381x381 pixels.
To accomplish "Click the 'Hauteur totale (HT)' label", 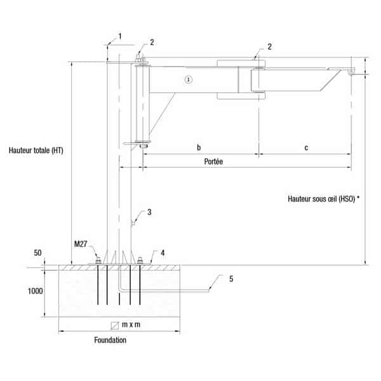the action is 36,150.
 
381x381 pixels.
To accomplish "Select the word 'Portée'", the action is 213,161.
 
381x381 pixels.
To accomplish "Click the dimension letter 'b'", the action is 199,147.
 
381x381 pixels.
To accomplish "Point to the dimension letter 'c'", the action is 306,148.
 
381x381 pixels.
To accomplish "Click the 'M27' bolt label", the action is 81,244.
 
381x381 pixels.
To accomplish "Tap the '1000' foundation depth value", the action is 35,291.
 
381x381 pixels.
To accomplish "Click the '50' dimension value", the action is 37,253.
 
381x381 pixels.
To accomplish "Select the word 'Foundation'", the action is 110,340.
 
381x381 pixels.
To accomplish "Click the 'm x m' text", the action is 131,324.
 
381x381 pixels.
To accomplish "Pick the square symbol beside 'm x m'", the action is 115,326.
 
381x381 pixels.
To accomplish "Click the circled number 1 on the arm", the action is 189,79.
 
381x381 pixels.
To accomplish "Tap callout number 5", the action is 231,279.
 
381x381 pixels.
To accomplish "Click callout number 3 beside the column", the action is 149,212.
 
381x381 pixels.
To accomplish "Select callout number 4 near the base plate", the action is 163,253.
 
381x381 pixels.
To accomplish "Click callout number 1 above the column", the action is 120,36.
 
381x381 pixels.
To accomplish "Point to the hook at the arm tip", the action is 351,72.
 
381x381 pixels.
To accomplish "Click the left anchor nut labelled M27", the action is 98,261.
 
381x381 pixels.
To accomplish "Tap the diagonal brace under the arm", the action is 163,113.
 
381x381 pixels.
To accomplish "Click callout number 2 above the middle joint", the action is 269,46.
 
